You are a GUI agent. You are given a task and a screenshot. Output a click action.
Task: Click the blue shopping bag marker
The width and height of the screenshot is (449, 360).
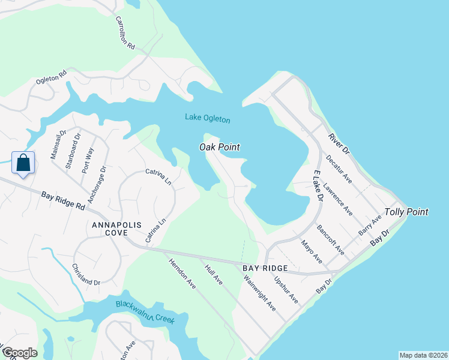[x=23, y=163]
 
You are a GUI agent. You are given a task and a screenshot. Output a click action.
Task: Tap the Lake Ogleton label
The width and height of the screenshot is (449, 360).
[x=207, y=118]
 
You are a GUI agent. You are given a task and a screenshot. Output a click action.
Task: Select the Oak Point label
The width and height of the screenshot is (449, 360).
[x=220, y=147]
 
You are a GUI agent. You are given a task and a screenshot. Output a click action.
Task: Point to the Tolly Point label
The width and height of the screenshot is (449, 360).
[x=406, y=212]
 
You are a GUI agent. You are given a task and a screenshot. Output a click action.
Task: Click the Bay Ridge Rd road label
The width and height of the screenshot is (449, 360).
[x=63, y=200]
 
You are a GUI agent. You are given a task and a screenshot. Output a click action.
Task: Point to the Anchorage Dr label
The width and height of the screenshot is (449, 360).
[x=97, y=184]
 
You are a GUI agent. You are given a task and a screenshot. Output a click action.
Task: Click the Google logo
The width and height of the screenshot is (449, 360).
[x=19, y=353]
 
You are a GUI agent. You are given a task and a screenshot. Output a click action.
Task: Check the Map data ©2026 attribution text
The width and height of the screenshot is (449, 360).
[x=423, y=355]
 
